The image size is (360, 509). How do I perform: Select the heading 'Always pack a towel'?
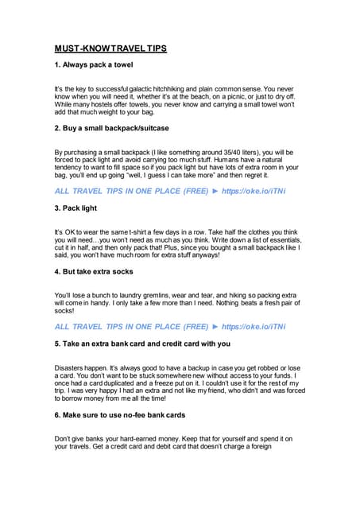[93, 64]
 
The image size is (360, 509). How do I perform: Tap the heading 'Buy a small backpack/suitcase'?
[111, 128]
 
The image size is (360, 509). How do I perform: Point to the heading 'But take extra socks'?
[97, 272]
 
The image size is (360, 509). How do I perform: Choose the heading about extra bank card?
[142, 344]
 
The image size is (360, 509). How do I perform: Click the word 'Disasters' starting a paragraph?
[70, 369]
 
